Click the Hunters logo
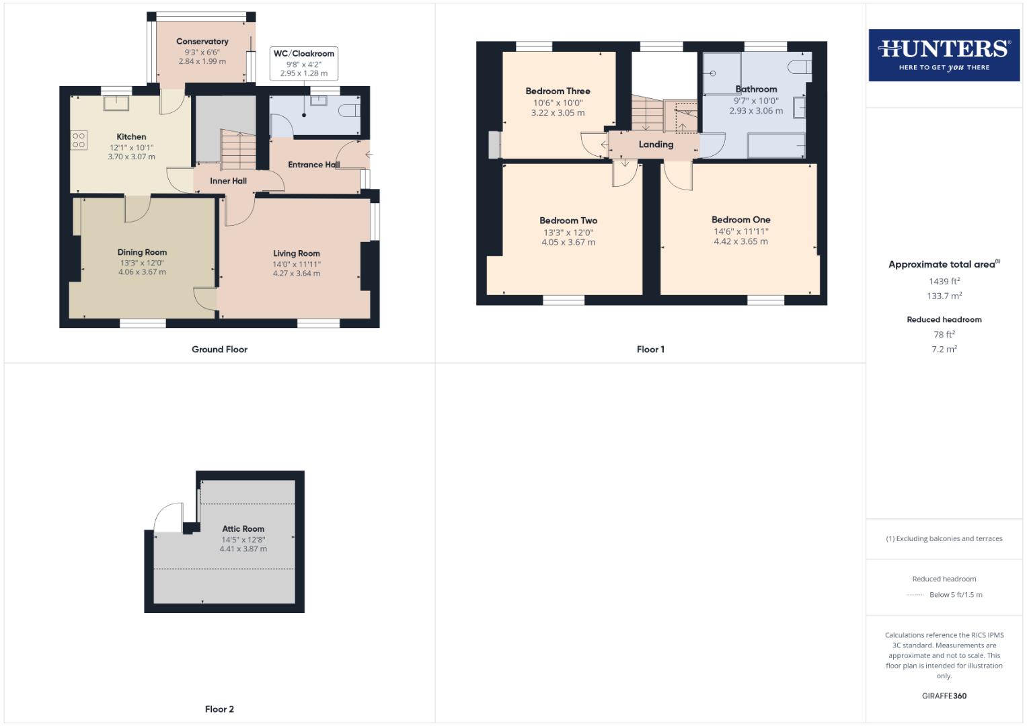tap(944, 54)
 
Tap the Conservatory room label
tap(202, 42)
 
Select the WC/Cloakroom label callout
tap(304, 54)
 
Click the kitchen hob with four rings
tap(79, 139)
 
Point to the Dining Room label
tap(142, 253)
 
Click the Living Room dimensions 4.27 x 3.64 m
tap(297, 274)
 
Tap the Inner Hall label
tap(228, 181)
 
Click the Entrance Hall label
tap(313, 165)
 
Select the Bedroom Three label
tap(558, 91)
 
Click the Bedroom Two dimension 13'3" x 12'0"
tap(568, 233)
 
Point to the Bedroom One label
tap(741, 220)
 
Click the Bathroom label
tap(756, 89)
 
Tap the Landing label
tap(656, 145)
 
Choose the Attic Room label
tap(243, 529)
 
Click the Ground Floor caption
tap(220, 350)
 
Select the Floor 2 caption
tap(220, 709)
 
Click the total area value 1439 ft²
tap(944, 282)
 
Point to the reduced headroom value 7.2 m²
tap(944, 350)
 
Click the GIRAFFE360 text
tap(944, 696)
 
